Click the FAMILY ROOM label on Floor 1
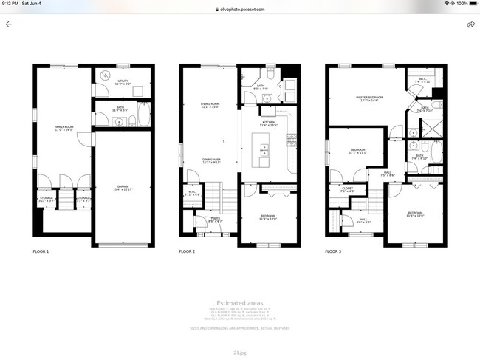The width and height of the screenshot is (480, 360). pyautogui.click(x=63, y=129)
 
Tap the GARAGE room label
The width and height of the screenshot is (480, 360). pyautogui.click(x=123, y=188)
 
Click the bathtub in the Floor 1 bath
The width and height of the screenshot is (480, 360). pyautogui.click(x=144, y=115)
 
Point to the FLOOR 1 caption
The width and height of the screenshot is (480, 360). pyautogui.click(x=41, y=251)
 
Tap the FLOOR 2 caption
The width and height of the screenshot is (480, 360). pyautogui.click(x=188, y=251)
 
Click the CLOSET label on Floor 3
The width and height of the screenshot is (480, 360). pyautogui.click(x=347, y=189)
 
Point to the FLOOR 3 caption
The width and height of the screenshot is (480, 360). pyautogui.click(x=334, y=251)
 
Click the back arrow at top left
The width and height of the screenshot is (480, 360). pyautogui.click(x=9, y=24)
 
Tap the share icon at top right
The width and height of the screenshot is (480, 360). pyautogui.click(x=470, y=24)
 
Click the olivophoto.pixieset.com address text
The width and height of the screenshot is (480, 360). pyautogui.click(x=242, y=10)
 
